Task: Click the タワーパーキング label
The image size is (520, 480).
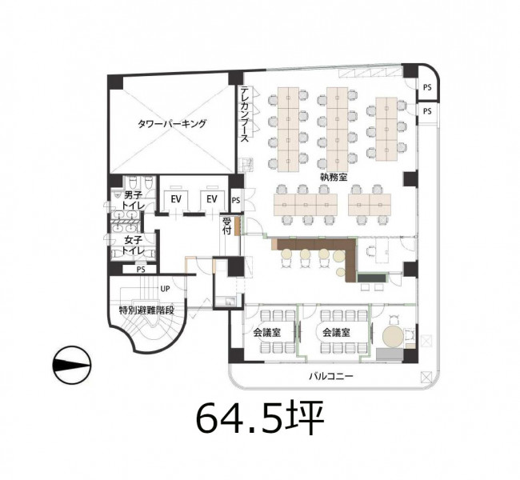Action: click(x=172, y=124)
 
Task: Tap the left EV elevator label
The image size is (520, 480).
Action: click(x=176, y=199)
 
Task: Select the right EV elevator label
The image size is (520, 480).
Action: click(x=211, y=199)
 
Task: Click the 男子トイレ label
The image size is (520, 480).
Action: click(x=134, y=200)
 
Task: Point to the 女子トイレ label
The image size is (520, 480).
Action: click(x=134, y=245)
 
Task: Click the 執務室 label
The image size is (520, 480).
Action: click(x=334, y=177)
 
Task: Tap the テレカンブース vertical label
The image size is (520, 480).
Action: click(x=245, y=114)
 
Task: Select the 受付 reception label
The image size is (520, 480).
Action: click(x=226, y=226)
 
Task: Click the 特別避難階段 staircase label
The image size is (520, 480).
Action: click(x=146, y=310)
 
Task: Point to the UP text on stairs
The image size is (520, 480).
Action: click(x=165, y=289)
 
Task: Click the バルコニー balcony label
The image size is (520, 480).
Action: click(x=331, y=376)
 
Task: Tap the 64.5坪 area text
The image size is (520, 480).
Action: click(x=260, y=418)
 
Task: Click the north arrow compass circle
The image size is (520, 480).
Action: click(x=72, y=366)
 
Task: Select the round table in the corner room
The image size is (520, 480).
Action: click(x=393, y=336)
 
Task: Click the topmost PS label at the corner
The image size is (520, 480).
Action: click(x=427, y=87)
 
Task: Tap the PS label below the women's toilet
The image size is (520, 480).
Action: click(x=141, y=270)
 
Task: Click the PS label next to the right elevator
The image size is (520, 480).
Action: click(x=236, y=200)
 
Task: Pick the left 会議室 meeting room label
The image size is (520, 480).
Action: click(x=267, y=332)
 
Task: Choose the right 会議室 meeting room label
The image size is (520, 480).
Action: click(x=336, y=332)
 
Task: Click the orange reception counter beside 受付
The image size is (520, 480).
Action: click(x=237, y=226)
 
